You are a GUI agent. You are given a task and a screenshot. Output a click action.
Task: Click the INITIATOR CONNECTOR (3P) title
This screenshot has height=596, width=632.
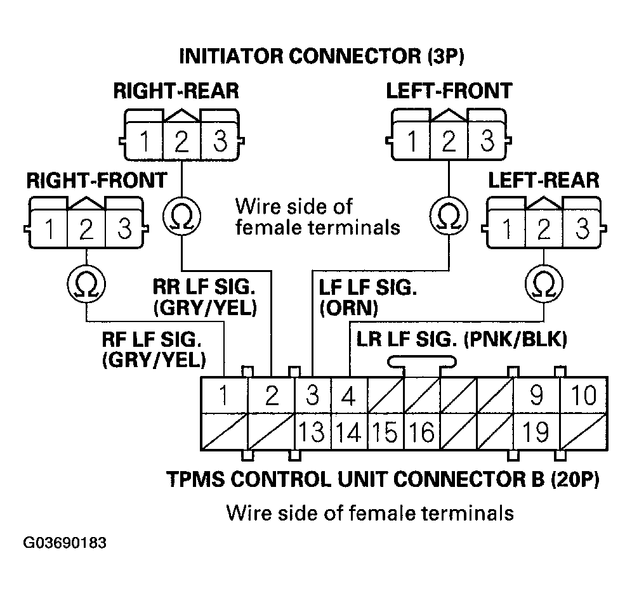[322, 56]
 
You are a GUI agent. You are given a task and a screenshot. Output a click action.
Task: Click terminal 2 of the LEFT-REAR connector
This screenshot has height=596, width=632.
[543, 229]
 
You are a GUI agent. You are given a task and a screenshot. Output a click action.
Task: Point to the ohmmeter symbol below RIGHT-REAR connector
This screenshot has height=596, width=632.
[181, 217]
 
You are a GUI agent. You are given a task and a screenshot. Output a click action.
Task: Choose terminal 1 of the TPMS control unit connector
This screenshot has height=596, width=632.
[223, 396]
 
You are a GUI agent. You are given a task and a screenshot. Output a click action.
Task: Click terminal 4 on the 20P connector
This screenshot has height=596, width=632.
[348, 396]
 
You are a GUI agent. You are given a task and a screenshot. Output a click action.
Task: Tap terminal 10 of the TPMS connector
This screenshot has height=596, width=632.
[583, 396]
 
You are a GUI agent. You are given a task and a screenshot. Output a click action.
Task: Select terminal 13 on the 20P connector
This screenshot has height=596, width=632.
[312, 432]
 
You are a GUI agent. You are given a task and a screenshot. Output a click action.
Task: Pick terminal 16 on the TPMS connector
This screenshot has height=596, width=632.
[421, 432]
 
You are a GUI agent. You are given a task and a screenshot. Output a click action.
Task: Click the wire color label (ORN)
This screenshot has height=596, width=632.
[349, 308]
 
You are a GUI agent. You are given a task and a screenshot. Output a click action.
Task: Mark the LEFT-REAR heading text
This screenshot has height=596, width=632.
[543, 180]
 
